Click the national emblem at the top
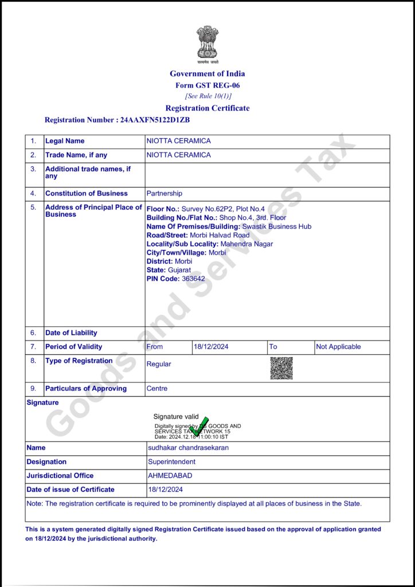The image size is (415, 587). (207, 44)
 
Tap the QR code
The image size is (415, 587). (281, 368)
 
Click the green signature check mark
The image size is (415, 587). (200, 426)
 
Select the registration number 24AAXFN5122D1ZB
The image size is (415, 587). (155, 120)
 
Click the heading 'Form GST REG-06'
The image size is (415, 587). (207, 85)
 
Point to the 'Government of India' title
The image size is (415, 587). (207, 73)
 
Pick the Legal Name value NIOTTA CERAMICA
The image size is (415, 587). (178, 141)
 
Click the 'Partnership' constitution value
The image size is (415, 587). (165, 194)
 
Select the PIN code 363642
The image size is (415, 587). (193, 279)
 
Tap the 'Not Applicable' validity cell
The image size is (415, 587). (338, 347)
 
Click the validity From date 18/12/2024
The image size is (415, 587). (211, 347)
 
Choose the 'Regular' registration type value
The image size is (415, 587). (159, 364)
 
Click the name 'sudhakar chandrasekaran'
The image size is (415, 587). (188, 448)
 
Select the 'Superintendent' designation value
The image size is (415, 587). (171, 461)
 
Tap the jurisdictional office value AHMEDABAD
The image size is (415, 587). (170, 476)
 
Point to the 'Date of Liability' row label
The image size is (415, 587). (71, 333)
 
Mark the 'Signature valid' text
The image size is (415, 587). (176, 417)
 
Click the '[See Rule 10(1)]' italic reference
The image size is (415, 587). (207, 96)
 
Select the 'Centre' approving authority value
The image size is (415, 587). (157, 389)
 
